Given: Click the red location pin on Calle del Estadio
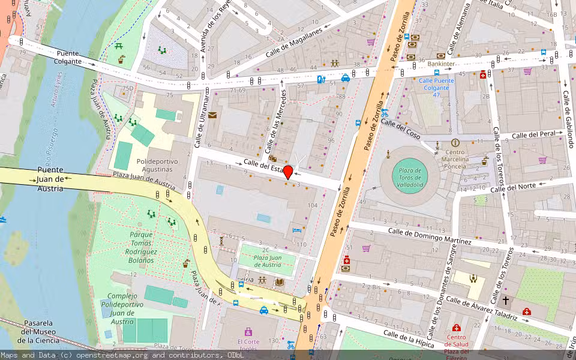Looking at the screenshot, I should click(288, 172).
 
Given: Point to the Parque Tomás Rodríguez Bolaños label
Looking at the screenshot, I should click(136, 247).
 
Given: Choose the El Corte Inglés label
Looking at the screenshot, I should click(248, 346).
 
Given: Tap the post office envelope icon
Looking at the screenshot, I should click(212, 115).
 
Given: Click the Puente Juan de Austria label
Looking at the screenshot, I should click(50, 178).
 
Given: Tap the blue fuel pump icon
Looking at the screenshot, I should click(322, 78).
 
